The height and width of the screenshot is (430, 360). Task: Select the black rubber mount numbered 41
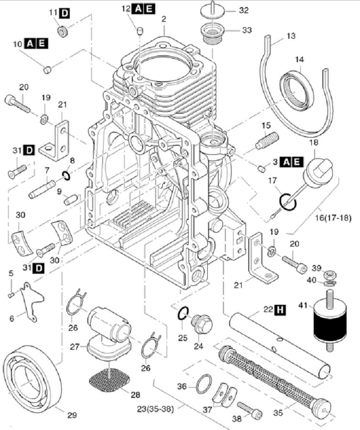[329, 320]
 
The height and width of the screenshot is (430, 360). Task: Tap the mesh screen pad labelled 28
[109, 380]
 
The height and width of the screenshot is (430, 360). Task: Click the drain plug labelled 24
[201, 324]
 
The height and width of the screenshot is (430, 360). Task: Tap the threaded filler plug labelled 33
[213, 32]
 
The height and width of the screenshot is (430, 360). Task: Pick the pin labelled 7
[42, 189]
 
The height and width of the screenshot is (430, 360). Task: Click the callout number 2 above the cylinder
[164, 19]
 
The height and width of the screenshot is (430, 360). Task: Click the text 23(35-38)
[155, 409]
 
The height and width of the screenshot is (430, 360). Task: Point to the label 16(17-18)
[333, 218]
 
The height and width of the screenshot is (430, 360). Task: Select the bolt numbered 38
[249, 409]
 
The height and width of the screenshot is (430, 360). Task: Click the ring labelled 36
[204, 383]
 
